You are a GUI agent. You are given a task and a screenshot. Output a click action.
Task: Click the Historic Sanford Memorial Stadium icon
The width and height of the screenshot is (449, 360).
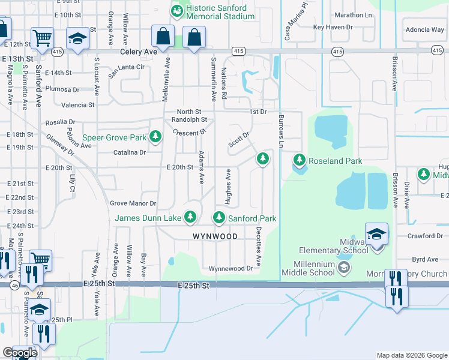tap(176, 11)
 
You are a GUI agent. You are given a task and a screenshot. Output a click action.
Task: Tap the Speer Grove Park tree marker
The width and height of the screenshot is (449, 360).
tap(155, 137)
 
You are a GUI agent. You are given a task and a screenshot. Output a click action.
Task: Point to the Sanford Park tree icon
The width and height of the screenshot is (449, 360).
tap(219, 218)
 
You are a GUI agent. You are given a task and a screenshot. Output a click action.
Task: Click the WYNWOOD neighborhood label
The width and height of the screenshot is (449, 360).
tap(215, 236)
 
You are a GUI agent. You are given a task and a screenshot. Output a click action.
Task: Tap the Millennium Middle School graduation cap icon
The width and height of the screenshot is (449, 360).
tap(343, 267)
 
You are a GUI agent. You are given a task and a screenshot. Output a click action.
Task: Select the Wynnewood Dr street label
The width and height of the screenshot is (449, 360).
tap(231, 268)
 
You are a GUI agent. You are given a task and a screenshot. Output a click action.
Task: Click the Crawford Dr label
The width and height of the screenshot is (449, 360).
tap(424, 236)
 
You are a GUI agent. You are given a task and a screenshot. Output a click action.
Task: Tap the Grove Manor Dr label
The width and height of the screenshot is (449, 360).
tap(133, 203)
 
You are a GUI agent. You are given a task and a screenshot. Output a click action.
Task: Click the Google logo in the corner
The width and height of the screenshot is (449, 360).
tap(19, 353)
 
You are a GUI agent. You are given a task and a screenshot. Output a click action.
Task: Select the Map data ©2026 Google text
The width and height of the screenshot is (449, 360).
tap(411, 355)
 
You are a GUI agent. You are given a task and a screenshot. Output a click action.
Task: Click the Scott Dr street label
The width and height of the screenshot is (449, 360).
tap(238, 140)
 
